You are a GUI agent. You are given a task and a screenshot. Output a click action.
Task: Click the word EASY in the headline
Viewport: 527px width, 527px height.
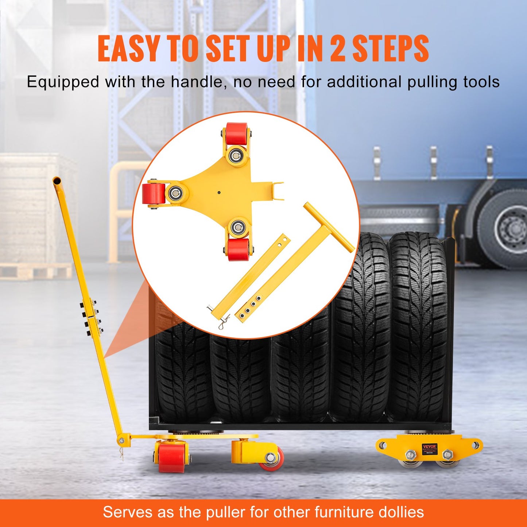129,49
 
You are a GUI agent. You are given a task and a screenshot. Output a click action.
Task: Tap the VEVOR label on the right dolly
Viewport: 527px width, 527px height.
429,447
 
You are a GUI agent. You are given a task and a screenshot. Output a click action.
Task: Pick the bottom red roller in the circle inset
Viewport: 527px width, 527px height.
238,249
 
